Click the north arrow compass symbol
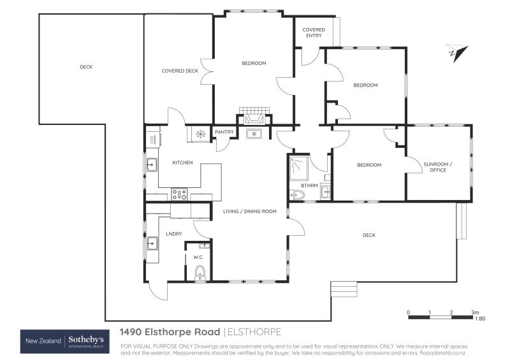[457, 53]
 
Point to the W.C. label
[198, 257]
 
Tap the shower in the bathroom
[297, 166]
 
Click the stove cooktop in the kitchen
[179, 194]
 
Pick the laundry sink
[152, 243]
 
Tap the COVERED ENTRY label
[313, 32]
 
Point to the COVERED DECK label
[180, 71]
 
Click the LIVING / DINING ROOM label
[249, 211]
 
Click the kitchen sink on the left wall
[152, 165]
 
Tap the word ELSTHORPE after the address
[254, 332]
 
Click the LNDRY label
[174, 234]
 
